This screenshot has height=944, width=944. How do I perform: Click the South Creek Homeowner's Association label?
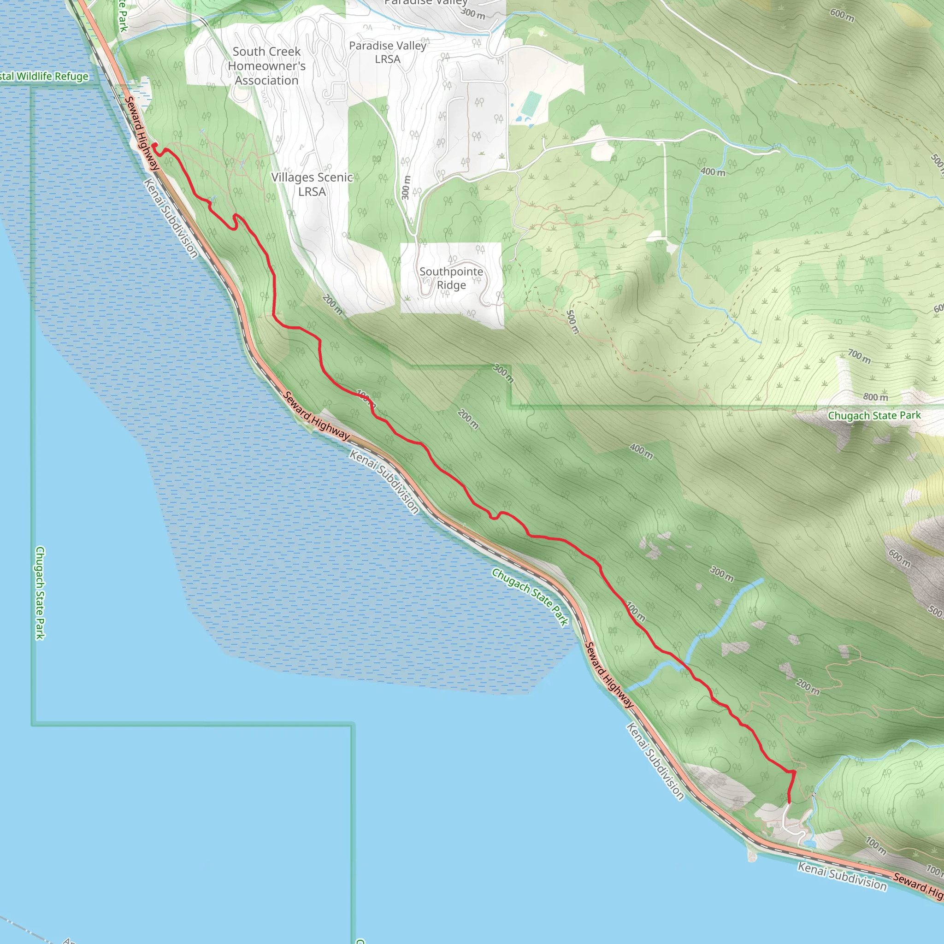point(266,66)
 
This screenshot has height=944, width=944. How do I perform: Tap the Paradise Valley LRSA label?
point(388,52)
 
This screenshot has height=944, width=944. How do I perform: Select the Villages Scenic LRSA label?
point(312,184)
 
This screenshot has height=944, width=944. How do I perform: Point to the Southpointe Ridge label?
point(451,278)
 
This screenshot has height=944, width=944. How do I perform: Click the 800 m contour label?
point(875,397)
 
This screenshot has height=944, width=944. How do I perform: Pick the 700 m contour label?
point(859,356)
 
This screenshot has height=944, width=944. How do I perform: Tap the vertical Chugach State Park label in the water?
point(40,593)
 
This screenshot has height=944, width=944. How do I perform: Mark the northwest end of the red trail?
point(154,145)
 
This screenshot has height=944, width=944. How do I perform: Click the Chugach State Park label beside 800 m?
point(874,415)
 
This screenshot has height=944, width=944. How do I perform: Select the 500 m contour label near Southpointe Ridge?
point(572,322)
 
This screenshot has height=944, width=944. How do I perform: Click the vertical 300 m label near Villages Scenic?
point(406,188)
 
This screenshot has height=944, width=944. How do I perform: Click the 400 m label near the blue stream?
point(713,171)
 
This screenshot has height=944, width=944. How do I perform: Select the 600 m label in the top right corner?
point(842,15)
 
